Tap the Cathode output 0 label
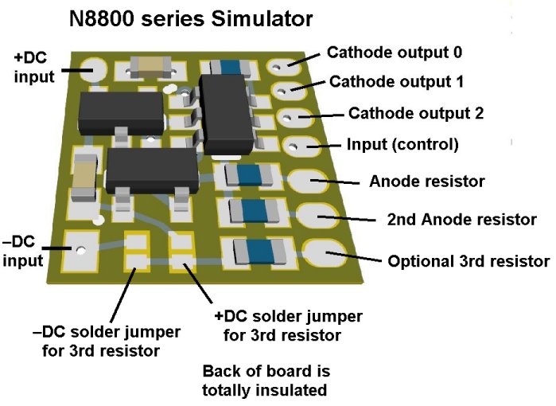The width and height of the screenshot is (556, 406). (395, 53)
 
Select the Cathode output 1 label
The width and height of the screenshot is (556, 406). (396, 81)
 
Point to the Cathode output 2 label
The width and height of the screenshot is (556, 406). (416, 113)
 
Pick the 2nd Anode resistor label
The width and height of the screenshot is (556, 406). (461, 219)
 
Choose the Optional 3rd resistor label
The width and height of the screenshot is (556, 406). (469, 260)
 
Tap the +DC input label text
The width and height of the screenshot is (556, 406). (31, 67)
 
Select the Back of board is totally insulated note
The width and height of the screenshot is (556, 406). (266, 381)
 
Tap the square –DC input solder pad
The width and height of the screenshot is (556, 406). (80, 250)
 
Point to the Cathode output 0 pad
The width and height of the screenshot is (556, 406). (284, 65)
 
